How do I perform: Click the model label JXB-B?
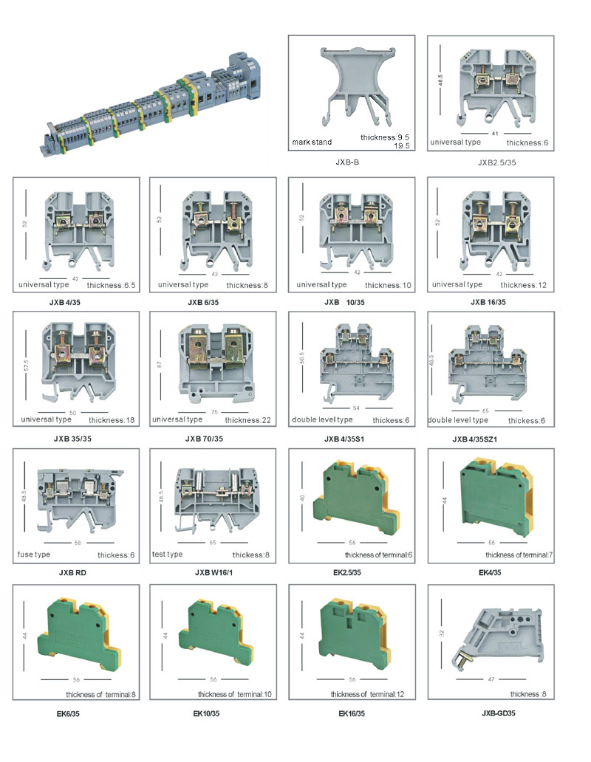point(347,162)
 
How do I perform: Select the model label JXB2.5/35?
point(496,162)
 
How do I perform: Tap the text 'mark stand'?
point(312,142)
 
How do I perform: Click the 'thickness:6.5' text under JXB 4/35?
point(112,285)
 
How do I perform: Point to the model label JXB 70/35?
point(204,439)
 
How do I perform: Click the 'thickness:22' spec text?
point(248,420)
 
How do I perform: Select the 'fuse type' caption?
point(33,555)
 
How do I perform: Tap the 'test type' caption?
point(167,554)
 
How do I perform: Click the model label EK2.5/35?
point(347,572)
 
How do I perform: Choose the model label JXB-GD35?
point(499,713)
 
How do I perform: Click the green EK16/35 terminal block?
point(353,635)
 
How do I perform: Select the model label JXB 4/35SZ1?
point(475,439)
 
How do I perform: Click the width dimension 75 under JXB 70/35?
point(214,412)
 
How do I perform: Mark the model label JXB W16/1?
point(213,572)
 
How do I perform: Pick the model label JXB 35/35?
point(72,439)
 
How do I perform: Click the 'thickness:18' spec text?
point(112,420)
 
